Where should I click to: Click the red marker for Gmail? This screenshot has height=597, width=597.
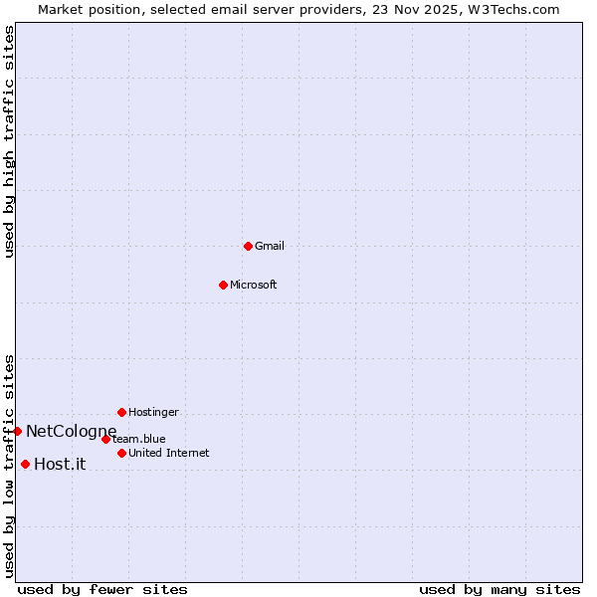coord(248,246)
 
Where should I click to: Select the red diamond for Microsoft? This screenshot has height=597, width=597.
coord(223,285)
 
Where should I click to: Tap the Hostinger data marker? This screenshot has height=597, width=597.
coord(121,412)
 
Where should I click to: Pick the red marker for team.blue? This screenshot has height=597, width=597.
coord(105,439)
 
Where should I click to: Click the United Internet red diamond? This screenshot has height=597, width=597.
coord(121,453)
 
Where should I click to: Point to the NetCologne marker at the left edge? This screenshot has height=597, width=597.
coord(17,431)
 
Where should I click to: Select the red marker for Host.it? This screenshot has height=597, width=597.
coord(25,464)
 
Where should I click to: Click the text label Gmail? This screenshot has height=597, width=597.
coord(270,246)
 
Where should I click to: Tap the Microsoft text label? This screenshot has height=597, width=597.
coord(254,285)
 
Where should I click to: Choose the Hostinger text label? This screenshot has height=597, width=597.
coord(153,412)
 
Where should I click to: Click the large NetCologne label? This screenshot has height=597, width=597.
coord(71,431)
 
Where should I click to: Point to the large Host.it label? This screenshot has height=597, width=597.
coord(60,464)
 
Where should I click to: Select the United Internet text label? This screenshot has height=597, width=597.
coord(168,453)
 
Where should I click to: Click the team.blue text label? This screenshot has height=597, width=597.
coord(139,439)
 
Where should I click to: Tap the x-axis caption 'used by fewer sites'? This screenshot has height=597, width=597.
coord(102,589)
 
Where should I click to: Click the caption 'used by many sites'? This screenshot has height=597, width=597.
coord(499,589)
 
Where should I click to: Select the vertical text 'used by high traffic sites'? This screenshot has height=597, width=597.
coord(9,141)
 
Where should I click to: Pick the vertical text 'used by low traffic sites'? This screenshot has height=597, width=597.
coord(9,466)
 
